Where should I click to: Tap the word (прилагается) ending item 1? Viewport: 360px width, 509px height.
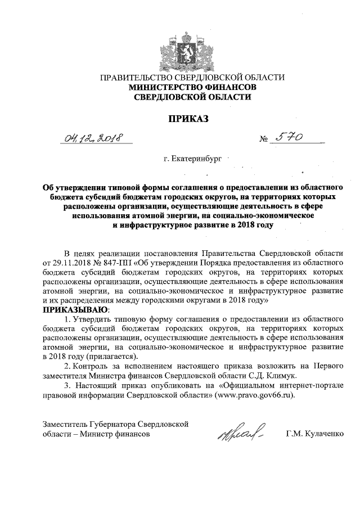click(x=107, y=356)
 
